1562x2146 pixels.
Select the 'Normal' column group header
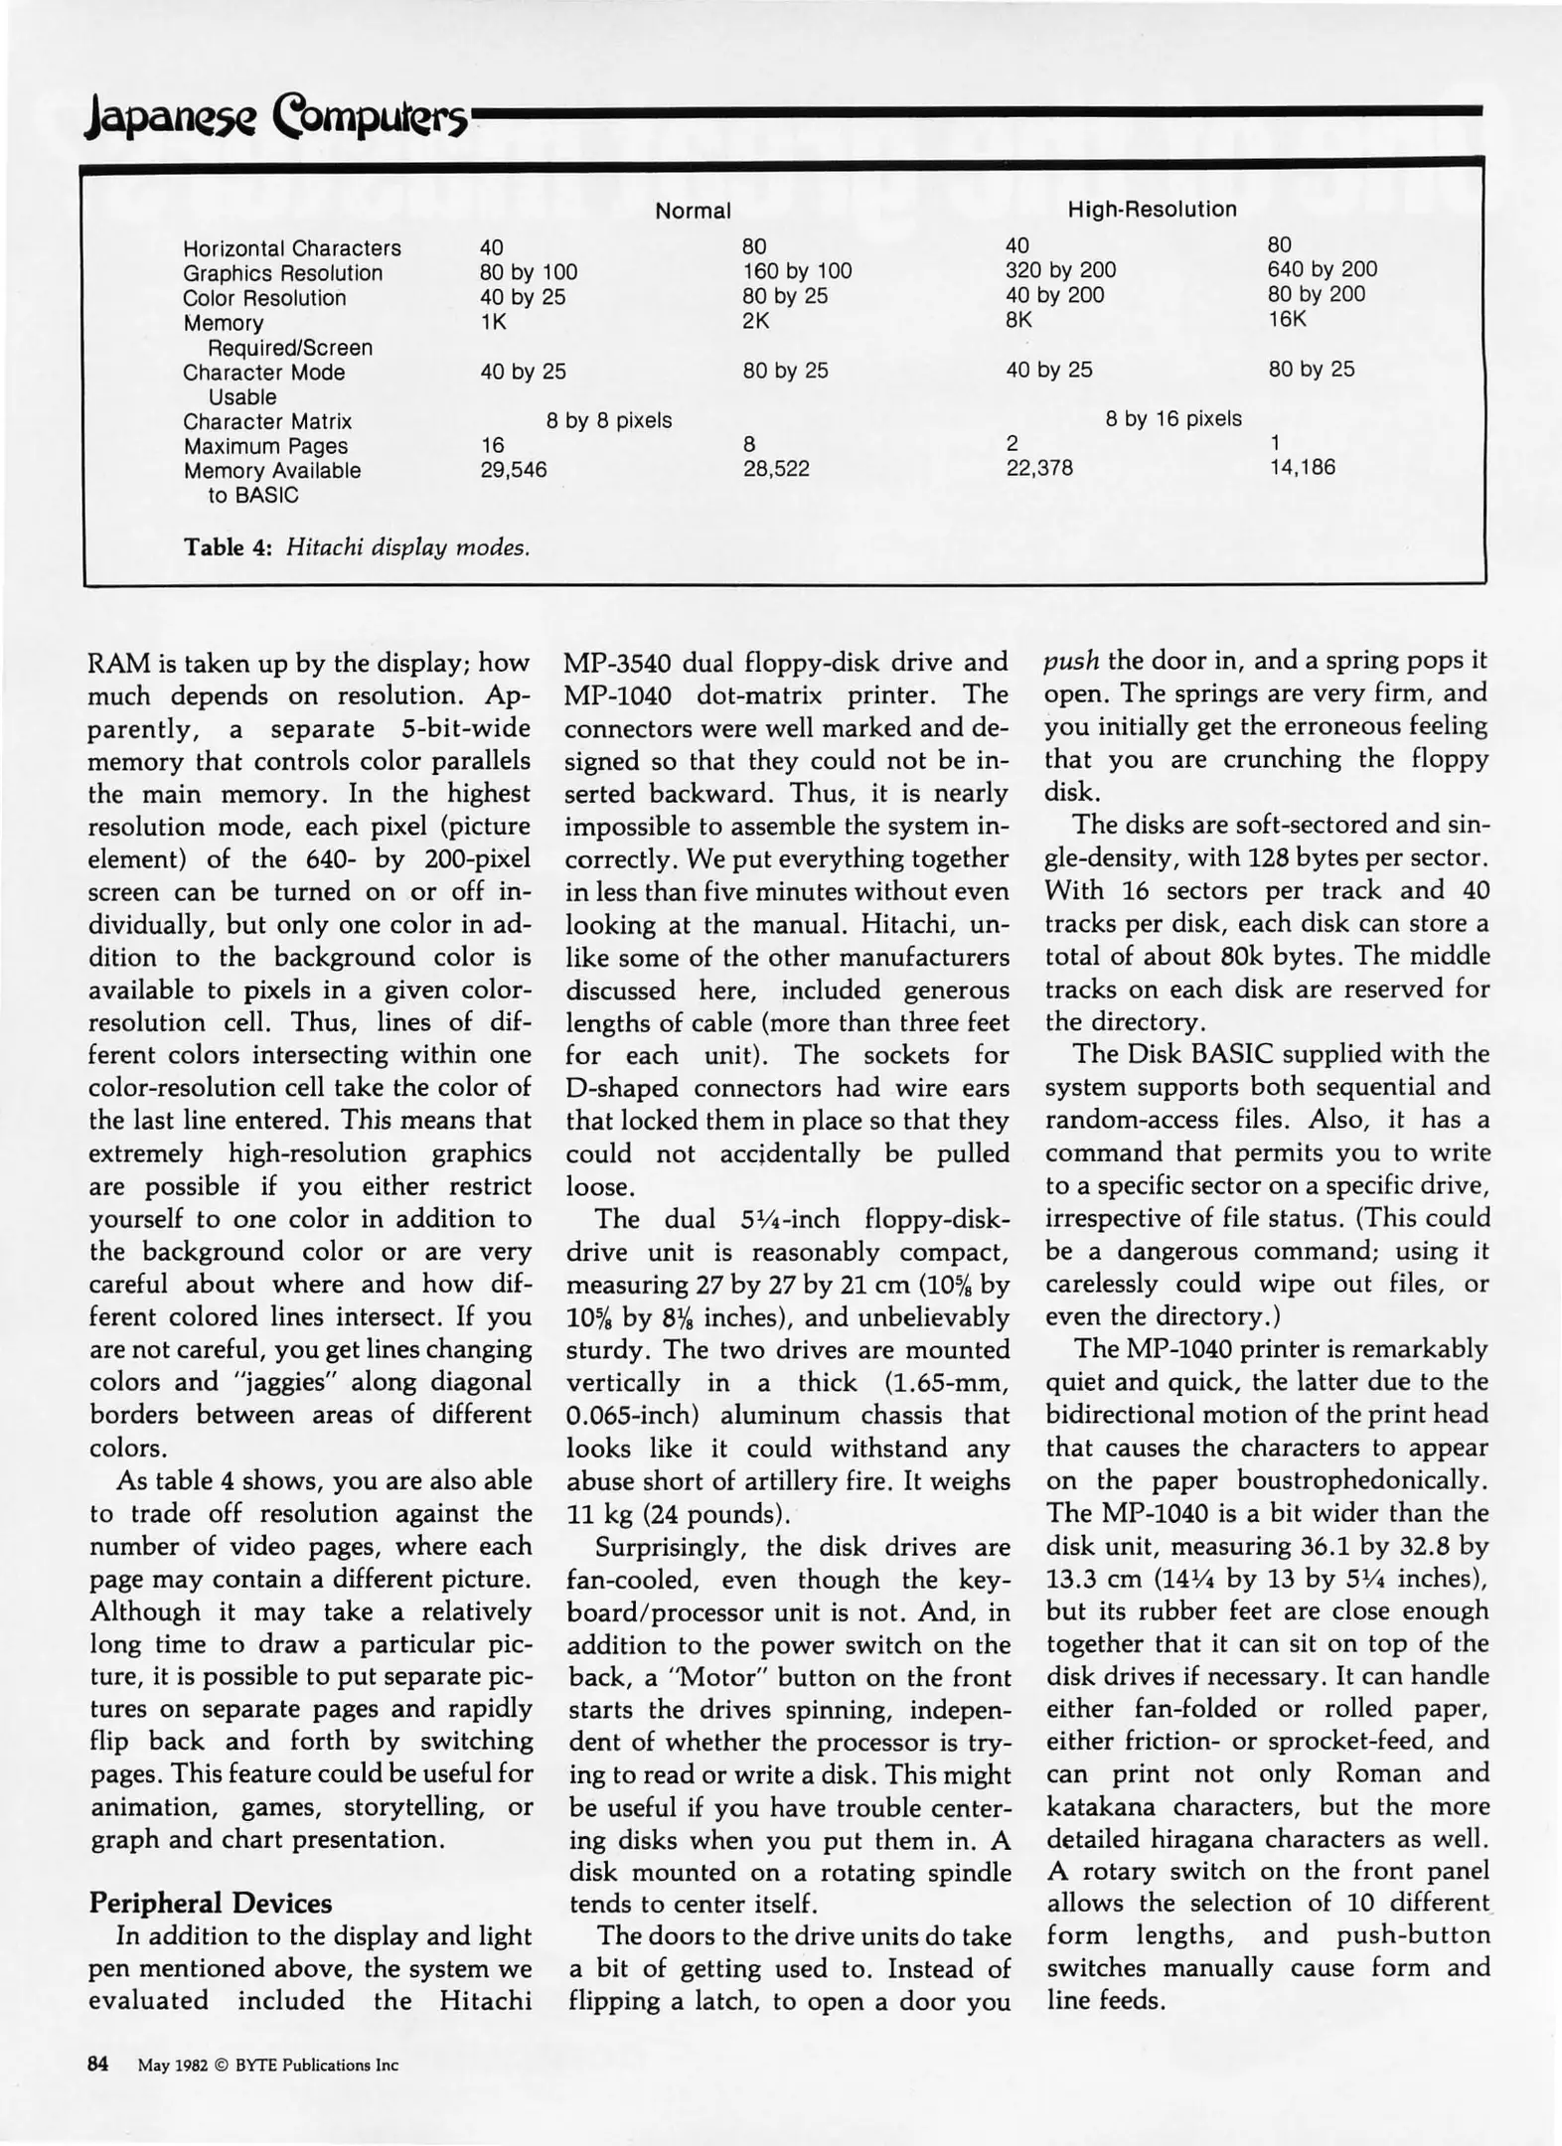[x=693, y=211]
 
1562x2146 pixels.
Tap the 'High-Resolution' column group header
[x=1152, y=209]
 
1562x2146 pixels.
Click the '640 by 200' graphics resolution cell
[x=1322, y=269]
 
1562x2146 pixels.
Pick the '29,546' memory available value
[x=514, y=470]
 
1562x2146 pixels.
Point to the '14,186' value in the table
[x=1302, y=467]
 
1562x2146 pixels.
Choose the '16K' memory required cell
[x=1287, y=319]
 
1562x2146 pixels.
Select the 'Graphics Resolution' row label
[x=282, y=273]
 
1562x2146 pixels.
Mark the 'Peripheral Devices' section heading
[x=211, y=1904]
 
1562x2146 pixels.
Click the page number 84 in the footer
[x=97, y=2065]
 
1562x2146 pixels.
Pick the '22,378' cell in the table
[x=1039, y=468]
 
